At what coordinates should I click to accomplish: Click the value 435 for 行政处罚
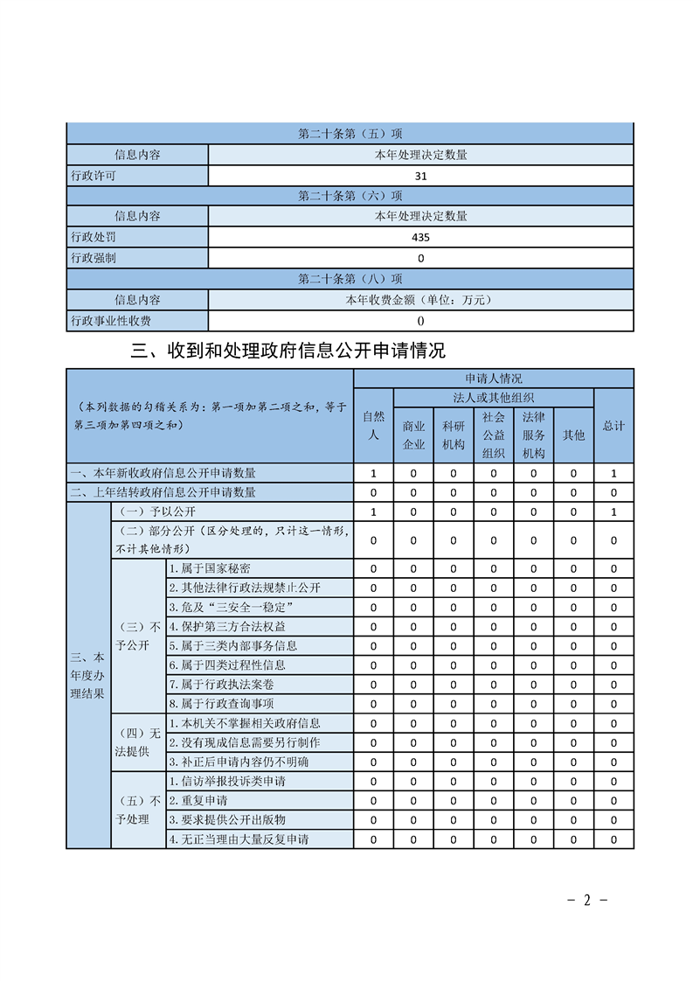pyautogui.click(x=420, y=237)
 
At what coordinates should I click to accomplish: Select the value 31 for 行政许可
pyautogui.click(x=420, y=175)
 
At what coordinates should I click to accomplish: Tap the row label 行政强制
pyautogui.click(x=94, y=258)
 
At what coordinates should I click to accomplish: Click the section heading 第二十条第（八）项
pyautogui.click(x=350, y=279)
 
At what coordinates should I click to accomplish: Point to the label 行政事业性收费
pyautogui.click(x=111, y=321)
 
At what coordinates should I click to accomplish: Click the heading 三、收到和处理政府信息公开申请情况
pyautogui.click(x=288, y=351)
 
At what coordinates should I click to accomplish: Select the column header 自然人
pyautogui.click(x=373, y=426)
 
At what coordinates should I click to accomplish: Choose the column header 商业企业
pyautogui.click(x=413, y=435)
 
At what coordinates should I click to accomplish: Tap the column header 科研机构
pyautogui.click(x=454, y=435)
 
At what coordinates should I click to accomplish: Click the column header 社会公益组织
pyautogui.click(x=494, y=435)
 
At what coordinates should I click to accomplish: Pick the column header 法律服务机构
pyautogui.click(x=533, y=435)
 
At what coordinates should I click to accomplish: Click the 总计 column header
pyautogui.click(x=613, y=426)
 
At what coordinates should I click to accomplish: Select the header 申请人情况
pyautogui.click(x=494, y=379)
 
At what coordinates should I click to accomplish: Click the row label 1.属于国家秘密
pyautogui.click(x=209, y=569)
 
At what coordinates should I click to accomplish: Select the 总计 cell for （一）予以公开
pyautogui.click(x=613, y=511)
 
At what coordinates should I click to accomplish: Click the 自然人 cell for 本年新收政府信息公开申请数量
pyautogui.click(x=373, y=473)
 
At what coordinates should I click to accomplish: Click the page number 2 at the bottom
pyautogui.click(x=588, y=900)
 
